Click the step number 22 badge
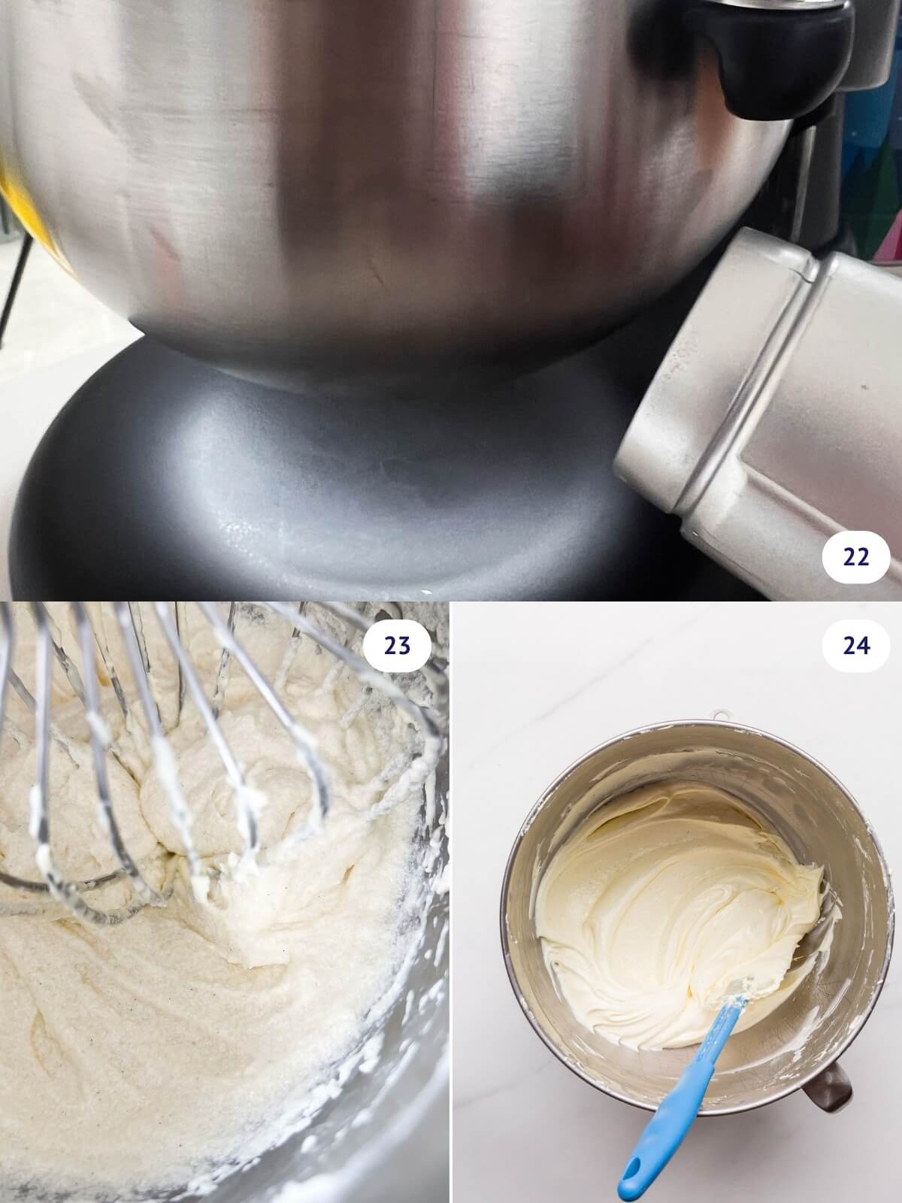pos(856,557)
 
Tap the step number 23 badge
pos(397,646)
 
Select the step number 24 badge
pos(856,646)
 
